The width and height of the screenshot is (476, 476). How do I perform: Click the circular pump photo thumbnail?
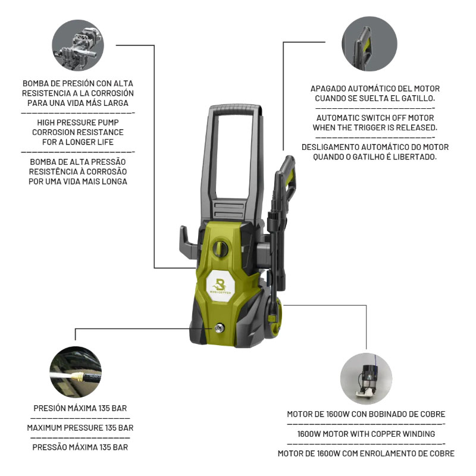tap(78, 45)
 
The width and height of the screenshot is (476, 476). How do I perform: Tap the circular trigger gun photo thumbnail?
tap(369, 43)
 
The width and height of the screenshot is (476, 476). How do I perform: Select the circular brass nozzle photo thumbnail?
tap(76, 372)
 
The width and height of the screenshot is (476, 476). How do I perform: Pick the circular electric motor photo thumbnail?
tap(366, 378)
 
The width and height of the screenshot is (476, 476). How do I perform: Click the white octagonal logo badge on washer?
tap(221, 286)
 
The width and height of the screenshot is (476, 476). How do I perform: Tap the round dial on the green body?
tap(220, 248)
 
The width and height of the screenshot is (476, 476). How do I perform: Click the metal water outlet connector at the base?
tap(219, 328)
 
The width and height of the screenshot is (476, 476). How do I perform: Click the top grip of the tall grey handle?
tap(236, 109)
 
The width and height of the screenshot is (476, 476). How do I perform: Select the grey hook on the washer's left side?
tap(188, 242)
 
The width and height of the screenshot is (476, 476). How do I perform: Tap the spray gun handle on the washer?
tap(287, 176)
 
